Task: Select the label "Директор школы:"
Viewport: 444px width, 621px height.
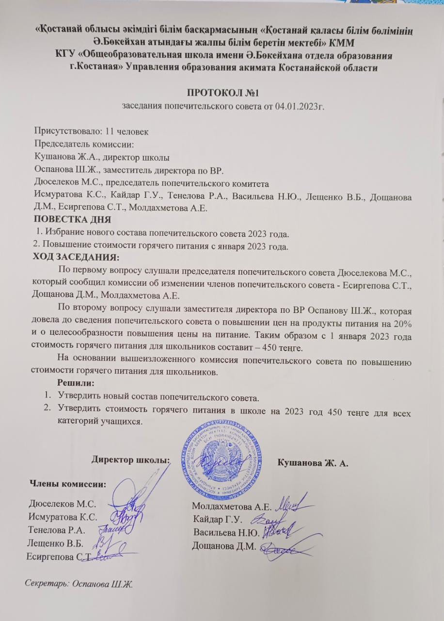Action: (131, 459)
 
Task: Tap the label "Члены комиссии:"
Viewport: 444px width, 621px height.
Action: (68, 483)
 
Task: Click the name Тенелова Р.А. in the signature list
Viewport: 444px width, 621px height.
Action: (57, 529)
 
